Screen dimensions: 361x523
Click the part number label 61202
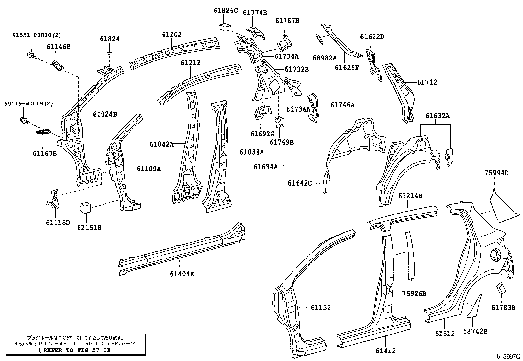coord(171,34)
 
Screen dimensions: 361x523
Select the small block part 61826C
coord(225,27)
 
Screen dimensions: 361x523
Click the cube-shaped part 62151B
coord(85,208)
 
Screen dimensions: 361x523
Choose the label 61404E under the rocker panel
coord(182,274)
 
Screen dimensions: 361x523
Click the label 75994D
coord(496,173)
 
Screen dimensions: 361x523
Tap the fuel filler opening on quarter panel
coord(495,254)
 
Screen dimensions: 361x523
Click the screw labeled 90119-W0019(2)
coord(24,121)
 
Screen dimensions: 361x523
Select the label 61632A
coord(438,116)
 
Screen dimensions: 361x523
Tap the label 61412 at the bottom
coord(386,351)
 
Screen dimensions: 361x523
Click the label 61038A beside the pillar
coord(252,152)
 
